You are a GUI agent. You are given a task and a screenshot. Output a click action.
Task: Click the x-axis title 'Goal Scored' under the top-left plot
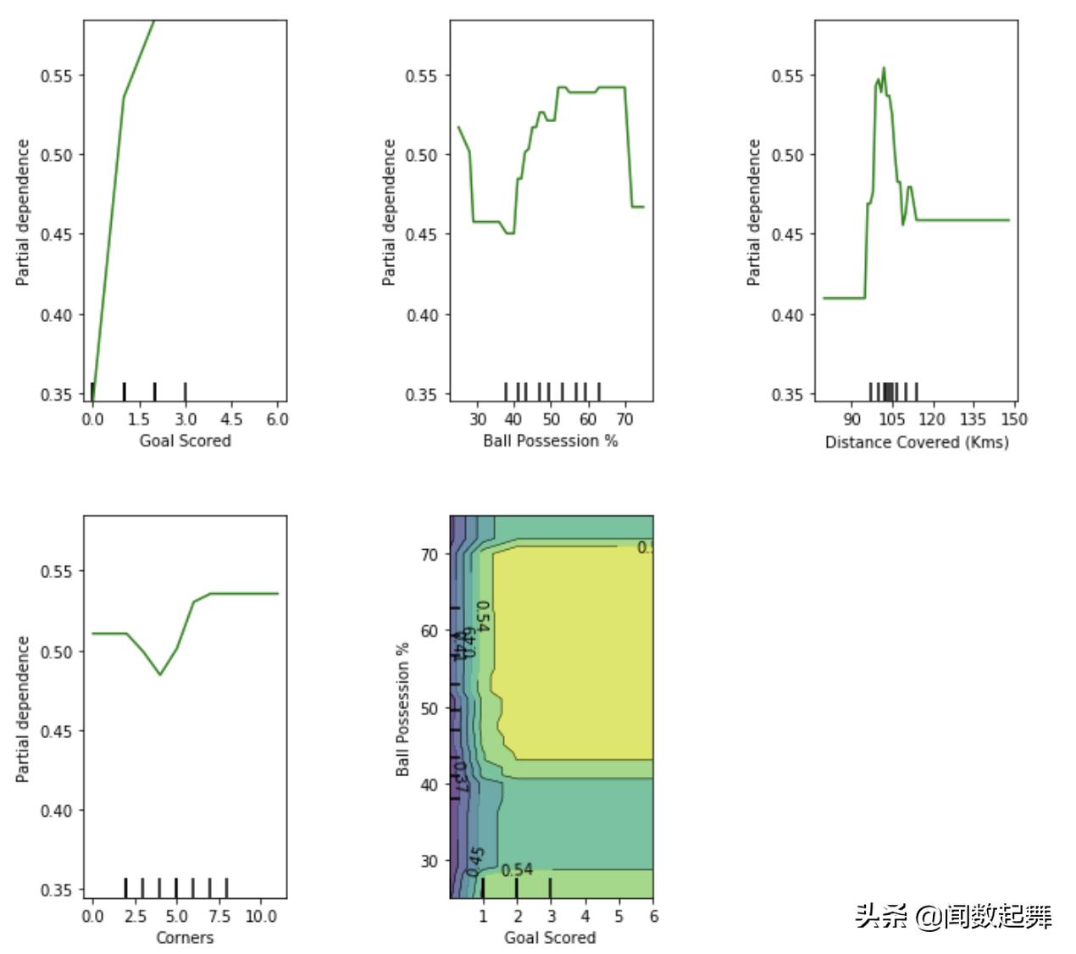(185, 441)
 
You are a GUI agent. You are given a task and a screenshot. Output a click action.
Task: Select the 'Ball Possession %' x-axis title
(550, 441)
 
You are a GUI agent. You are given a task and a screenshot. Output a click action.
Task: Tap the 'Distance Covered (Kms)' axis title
(917, 441)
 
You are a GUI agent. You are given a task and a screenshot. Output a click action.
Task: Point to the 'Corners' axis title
(185, 937)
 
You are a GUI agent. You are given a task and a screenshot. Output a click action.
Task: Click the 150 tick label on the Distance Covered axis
(1013, 419)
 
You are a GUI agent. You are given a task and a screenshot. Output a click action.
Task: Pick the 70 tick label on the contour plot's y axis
(430, 554)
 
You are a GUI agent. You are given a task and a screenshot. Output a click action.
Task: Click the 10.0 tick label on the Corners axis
(261, 916)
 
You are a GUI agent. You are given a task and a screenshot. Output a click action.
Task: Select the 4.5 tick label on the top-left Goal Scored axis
(231, 419)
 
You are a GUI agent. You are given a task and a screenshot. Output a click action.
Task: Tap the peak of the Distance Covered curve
(884, 69)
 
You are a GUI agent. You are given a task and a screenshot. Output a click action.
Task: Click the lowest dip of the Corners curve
(160, 674)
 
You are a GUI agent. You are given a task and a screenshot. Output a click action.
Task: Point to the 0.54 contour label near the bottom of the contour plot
(517, 870)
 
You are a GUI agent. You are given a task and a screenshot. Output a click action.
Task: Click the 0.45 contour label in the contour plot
(476, 857)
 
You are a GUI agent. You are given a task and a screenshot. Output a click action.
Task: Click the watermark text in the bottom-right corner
(953, 916)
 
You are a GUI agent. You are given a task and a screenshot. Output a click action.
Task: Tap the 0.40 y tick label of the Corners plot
(56, 811)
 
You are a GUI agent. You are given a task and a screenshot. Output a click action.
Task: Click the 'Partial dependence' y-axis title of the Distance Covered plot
(753, 212)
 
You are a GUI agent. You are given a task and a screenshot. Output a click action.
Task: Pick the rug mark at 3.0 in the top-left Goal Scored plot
(186, 391)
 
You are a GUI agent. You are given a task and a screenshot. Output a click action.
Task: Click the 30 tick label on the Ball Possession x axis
(478, 419)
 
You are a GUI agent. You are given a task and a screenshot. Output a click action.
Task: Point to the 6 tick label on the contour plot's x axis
(653, 916)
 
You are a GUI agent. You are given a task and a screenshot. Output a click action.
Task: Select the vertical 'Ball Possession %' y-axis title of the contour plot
(402, 709)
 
